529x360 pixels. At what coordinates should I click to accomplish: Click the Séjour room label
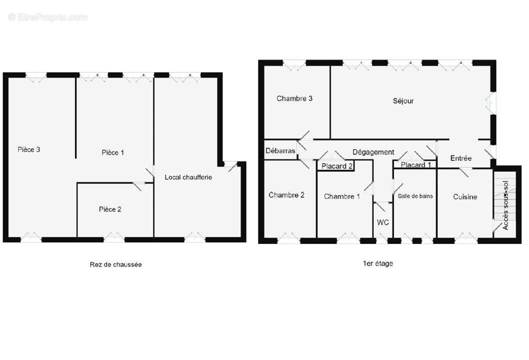(x=403, y=101)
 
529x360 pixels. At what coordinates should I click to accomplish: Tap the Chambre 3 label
(x=294, y=98)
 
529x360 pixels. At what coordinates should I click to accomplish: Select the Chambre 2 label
(x=286, y=195)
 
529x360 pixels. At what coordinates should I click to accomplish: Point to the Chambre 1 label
(x=341, y=196)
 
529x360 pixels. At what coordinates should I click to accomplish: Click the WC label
(x=383, y=221)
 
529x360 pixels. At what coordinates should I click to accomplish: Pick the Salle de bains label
(x=415, y=196)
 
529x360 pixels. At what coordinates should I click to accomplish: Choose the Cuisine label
(x=465, y=197)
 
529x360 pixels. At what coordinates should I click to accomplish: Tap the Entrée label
(x=460, y=158)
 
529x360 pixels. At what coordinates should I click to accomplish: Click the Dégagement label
(x=373, y=152)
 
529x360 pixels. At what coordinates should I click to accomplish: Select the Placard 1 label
(x=416, y=165)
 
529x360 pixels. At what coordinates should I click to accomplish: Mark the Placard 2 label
(x=337, y=166)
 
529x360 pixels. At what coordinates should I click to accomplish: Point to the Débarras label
(x=280, y=150)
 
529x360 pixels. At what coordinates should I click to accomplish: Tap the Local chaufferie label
(x=188, y=177)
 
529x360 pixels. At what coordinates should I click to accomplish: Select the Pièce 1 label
(x=112, y=152)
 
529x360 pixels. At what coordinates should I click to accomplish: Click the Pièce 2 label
(x=110, y=209)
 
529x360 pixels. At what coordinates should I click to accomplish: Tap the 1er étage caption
(x=377, y=263)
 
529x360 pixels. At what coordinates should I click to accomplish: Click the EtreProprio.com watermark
(x=48, y=17)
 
